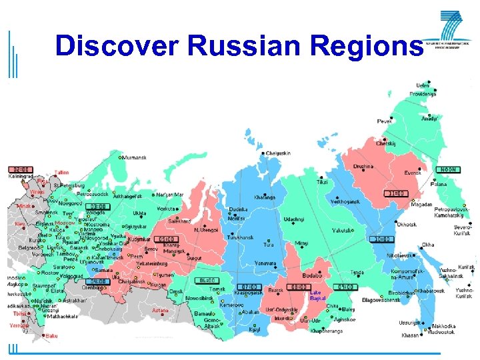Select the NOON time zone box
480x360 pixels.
(448, 169)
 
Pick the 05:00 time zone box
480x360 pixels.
(166, 239)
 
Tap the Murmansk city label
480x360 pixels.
(133, 158)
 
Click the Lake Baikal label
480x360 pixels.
(317, 295)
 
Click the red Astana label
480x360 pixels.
(161, 310)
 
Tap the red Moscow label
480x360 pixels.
(64, 223)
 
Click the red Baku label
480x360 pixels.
(51, 336)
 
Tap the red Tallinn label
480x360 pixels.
(62, 172)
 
